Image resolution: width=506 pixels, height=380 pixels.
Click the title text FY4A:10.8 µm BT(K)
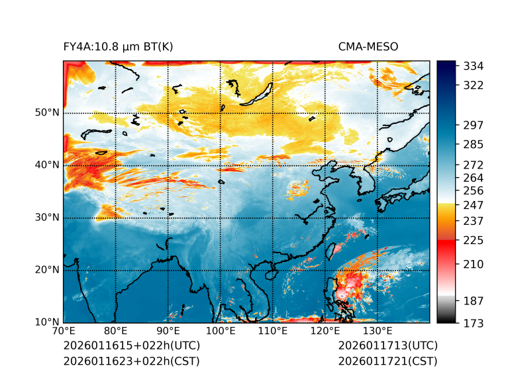point(118,46)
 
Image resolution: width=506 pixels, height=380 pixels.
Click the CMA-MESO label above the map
point(368,46)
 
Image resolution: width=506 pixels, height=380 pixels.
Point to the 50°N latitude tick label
point(47,113)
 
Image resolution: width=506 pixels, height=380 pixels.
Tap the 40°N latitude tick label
point(47,165)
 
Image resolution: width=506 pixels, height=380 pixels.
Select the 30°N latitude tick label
point(47,218)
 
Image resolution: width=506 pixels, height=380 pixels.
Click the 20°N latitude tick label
point(47,270)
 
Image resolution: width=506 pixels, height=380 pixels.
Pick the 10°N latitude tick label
point(47,322)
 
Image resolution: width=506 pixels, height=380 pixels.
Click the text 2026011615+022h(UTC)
point(131,346)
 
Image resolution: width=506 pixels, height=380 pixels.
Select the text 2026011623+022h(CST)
point(131,361)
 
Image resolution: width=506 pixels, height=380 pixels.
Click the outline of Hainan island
point(270,273)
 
